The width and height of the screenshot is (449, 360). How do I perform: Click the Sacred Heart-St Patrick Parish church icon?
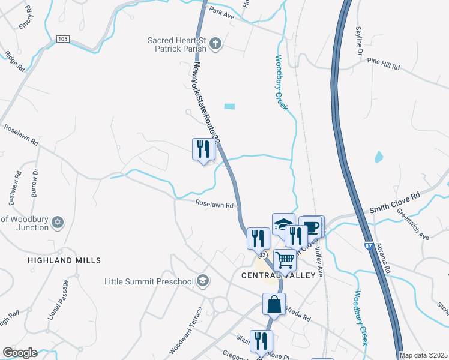point(216,43)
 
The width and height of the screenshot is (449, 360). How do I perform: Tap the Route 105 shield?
point(63,39)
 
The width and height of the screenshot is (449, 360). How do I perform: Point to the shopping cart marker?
point(285,259)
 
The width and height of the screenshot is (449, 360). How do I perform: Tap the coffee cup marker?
point(312,226)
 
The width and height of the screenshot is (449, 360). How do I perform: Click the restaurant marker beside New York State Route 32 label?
point(203,148)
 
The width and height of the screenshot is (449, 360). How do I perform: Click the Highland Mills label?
point(64,260)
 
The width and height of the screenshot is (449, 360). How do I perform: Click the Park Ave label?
point(221,13)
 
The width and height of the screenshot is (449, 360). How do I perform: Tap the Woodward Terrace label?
point(183,331)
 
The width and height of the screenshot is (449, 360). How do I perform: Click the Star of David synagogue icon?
point(58,223)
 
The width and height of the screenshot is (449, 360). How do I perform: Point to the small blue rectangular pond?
point(229,107)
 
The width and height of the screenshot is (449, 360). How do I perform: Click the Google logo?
point(20,353)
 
